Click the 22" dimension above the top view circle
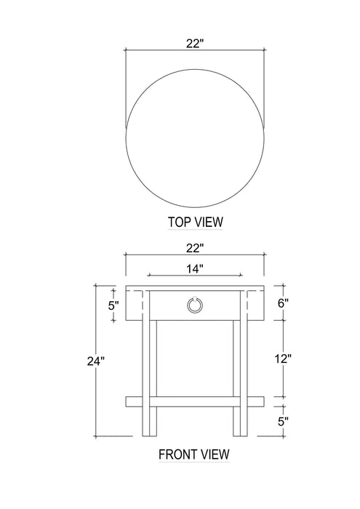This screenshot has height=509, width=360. tap(194, 43)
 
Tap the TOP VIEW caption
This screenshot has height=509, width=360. tap(196, 222)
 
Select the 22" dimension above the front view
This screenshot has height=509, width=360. tap(194, 249)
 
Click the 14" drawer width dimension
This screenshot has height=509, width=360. tap(194, 269)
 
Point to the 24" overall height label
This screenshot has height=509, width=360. tap(96, 361)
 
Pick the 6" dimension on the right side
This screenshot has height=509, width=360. tap(283, 303)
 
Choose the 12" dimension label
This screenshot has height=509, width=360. tap(283, 358)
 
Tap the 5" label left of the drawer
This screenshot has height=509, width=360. tap(113, 305)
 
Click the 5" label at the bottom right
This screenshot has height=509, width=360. tap(283, 421)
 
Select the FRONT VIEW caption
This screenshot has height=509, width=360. tap(194, 454)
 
